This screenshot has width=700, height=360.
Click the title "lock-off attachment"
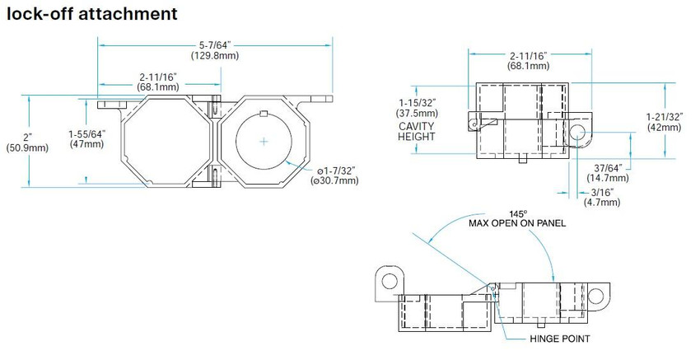(92, 13)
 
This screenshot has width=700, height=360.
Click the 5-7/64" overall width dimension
(215, 45)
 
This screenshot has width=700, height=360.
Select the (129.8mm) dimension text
(215, 56)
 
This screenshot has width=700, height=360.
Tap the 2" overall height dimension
(28, 138)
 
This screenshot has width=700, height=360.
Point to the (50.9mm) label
(27, 147)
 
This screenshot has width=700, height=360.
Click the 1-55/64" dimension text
(87, 134)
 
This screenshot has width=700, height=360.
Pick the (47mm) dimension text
(87, 144)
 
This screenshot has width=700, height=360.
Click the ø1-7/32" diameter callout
(336, 171)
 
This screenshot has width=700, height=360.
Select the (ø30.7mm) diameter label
(334, 181)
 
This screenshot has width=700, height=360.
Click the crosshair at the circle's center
(264, 142)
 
